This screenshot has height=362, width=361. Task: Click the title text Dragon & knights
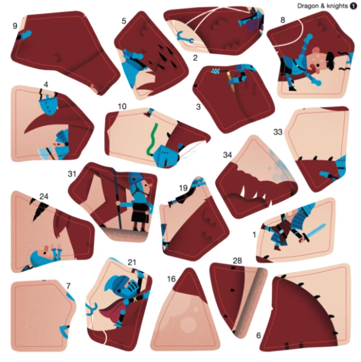click(322, 6)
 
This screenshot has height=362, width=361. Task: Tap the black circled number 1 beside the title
click(354, 6)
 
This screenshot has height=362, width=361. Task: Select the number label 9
click(15, 26)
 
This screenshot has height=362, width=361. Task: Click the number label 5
click(124, 21)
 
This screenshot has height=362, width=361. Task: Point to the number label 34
click(227, 155)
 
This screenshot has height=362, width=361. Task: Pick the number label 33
click(278, 132)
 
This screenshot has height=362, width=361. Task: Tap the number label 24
click(44, 196)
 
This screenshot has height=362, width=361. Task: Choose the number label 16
click(171, 279)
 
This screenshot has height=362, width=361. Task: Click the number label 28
click(237, 260)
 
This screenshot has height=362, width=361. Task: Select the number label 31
click(72, 174)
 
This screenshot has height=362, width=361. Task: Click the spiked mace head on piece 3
click(216, 71)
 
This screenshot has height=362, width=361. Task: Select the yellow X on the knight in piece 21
click(135, 300)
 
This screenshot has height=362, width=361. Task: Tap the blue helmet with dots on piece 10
click(165, 155)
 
